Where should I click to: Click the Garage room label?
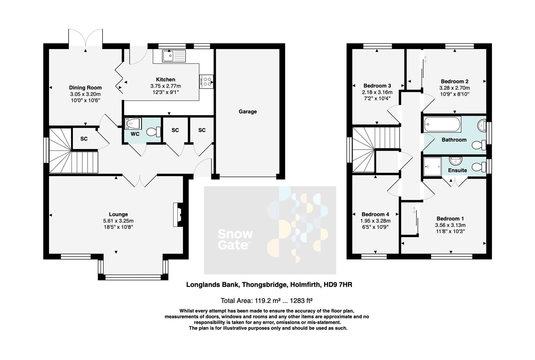click(248, 112)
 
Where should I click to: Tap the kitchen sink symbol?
click(174, 56)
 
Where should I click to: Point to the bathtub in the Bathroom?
click(442, 124)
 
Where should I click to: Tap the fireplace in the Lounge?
click(178, 215)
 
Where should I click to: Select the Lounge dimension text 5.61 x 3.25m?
click(118, 221)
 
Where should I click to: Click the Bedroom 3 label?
click(377, 86)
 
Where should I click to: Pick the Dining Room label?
click(85, 88)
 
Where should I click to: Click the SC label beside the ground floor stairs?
click(84, 139)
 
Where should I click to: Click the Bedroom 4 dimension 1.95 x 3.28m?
click(375, 221)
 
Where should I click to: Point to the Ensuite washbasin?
click(455, 161)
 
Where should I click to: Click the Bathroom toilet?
click(480, 145)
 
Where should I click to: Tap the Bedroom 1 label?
click(450, 219)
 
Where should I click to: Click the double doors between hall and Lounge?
click(140, 181)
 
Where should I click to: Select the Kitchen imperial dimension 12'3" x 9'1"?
click(166, 92)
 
